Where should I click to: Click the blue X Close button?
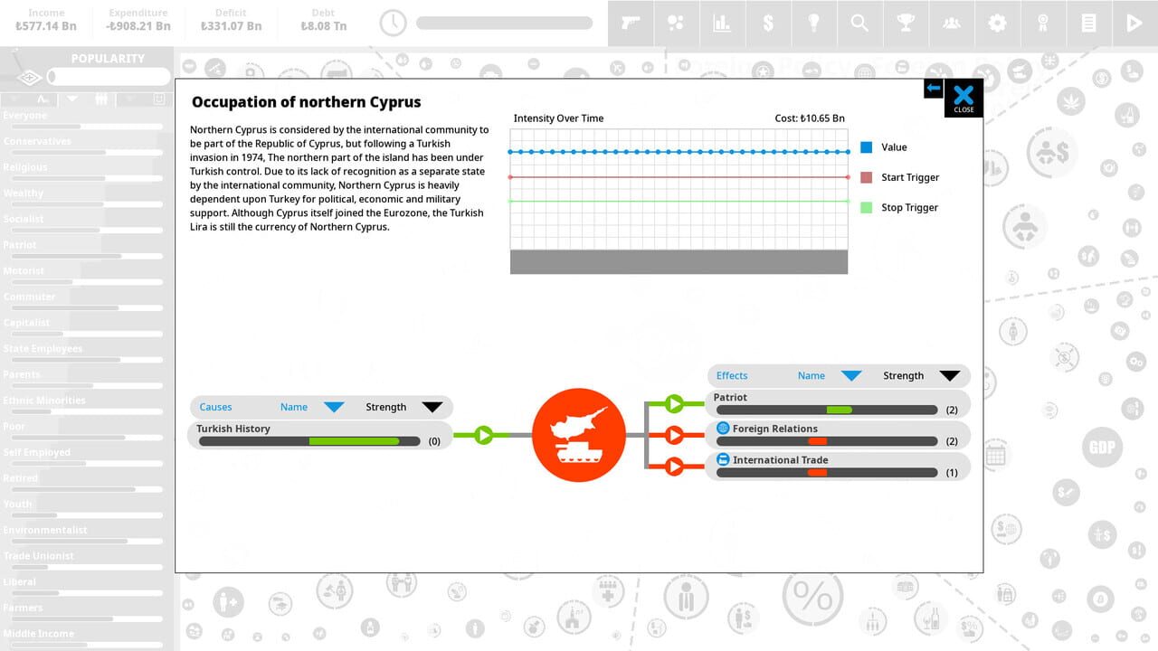[x=963, y=97]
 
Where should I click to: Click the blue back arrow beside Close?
[x=933, y=88]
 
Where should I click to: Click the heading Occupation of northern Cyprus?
[x=306, y=102]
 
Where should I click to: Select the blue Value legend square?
[x=867, y=147]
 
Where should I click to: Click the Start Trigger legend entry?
[x=909, y=177]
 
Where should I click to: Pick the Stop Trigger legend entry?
[x=908, y=207]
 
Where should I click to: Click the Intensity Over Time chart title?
[x=558, y=118]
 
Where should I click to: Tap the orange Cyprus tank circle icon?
[x=579, y=435]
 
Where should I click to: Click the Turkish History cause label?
[x=233, y=429]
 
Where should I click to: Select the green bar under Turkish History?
[x=354, y=441]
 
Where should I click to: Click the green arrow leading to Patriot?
[x=674, y=403]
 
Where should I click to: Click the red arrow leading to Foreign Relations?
[x=674, y=435]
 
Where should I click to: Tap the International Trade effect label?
[x=780, y=459]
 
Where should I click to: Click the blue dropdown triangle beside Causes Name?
[x=334, y=407]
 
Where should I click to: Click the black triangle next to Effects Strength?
[x=949, y=376]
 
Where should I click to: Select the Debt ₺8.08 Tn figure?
[x=323, y=26]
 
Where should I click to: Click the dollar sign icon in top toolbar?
[x=768, y=24]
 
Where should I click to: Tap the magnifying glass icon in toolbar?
[x=859, y=24]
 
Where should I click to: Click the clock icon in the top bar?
[x=393, y=24]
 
